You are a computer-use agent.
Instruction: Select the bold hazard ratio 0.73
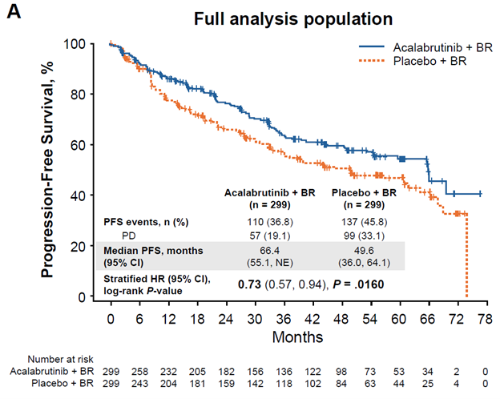[x=252, y=284]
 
